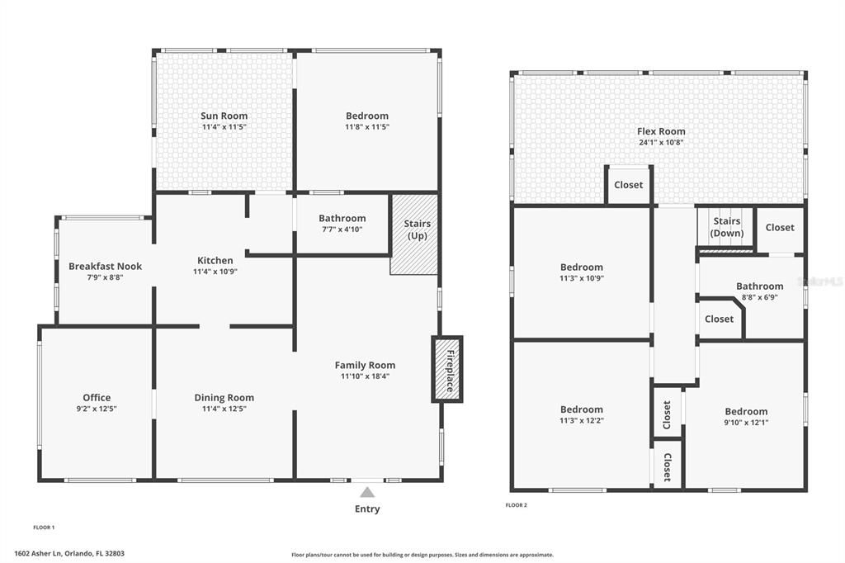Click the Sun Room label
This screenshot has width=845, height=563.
click(224, 116)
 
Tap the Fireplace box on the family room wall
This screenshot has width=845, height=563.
click(446, 369)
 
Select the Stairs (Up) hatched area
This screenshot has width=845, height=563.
click(414, 234)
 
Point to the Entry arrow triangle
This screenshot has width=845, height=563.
click(367, 492)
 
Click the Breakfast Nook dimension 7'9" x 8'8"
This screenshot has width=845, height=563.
click(105, 277)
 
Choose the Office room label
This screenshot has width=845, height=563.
click(97, 397)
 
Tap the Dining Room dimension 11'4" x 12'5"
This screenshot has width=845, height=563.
click(224, 409)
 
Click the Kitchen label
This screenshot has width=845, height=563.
click(215, 261)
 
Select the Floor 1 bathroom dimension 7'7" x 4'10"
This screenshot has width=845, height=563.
click(342, 229)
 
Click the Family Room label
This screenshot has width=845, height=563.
click(365, 365)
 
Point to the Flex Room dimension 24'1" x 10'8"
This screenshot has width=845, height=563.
click(661, 142)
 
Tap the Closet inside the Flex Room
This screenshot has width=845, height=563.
click(628, 184)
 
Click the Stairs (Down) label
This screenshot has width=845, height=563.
click(726, 227)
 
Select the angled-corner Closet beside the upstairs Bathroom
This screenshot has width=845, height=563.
click(720, 319)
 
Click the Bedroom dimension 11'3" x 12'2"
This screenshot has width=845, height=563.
click(582, 421)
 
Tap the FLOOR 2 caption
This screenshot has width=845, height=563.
click(517, 505)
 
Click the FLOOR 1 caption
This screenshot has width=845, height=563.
click(45, 528)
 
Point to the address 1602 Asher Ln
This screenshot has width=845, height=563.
click(39, 553)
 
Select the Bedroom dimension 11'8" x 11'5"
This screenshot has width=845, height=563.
click(367, 127)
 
